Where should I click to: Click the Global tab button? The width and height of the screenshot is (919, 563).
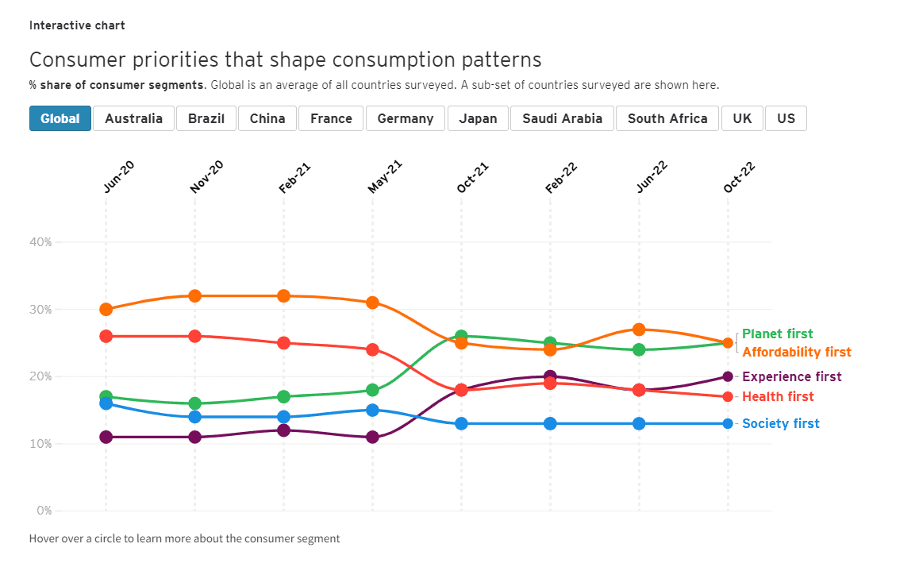[60, 118]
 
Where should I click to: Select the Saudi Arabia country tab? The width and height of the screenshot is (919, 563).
[562, 118]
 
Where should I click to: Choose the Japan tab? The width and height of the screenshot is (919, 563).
[478, 118]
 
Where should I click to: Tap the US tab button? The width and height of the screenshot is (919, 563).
[786, 118]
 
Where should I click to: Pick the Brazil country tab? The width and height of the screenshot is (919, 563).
[206, 118]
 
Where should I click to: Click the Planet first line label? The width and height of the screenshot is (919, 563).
[777, 334]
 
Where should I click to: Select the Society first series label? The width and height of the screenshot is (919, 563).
[780, 423]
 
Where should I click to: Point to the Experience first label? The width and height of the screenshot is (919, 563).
[791, 376]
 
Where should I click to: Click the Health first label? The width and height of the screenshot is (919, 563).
[778, 396]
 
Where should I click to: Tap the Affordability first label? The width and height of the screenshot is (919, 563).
[796, 352]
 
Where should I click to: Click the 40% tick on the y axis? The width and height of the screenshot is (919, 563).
[41, 242]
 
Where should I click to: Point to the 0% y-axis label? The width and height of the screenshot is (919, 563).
[44, 511]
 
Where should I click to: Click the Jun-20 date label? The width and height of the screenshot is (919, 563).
[118, 178]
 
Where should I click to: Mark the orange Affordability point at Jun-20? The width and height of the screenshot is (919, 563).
[106, 310]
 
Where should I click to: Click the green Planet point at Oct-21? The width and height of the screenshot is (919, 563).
[461, 337]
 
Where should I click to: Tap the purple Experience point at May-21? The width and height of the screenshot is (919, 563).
[372, 437]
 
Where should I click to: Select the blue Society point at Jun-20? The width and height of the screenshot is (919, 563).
[106, 403]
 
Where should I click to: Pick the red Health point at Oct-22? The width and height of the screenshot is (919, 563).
[728, 396]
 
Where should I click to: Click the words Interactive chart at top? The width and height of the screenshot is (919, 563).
[77, 25]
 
